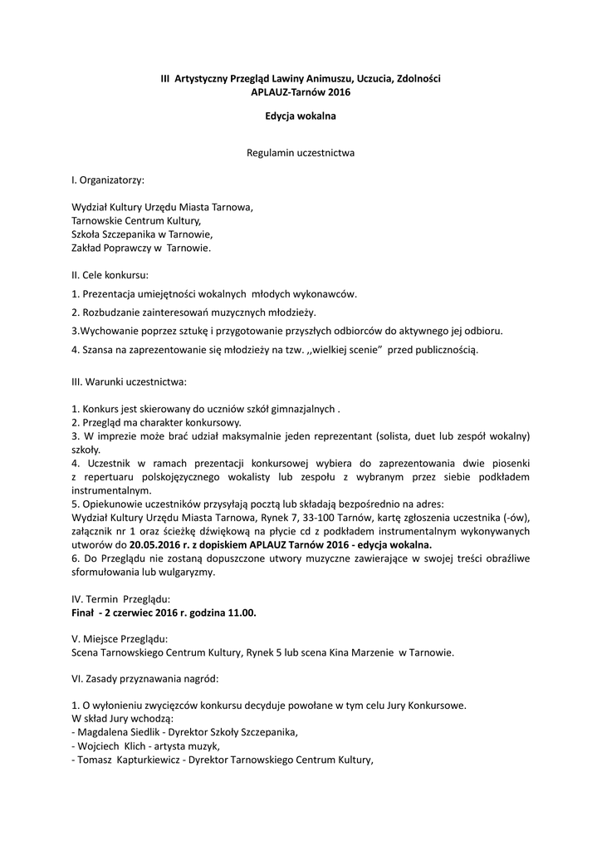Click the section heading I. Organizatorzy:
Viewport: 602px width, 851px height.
pyautogui.click(x=108, y=179)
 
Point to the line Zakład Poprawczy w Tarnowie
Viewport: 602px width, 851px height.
pyautogui.click(x=141, y=248)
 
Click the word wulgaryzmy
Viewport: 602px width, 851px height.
pyautogui.click(x=185, y=571)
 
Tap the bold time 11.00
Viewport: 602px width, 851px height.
pyautogui.click(x=242, y=612)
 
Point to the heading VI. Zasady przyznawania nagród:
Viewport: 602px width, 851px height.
pyautogui.click(x=145, y=678)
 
